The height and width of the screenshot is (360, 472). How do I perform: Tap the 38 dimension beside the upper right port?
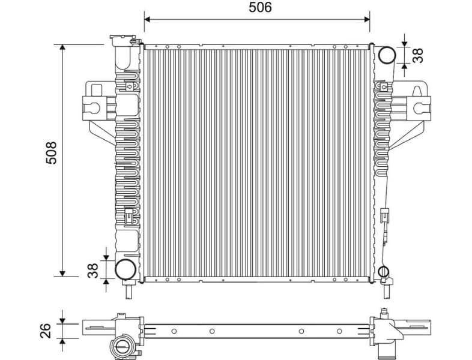(419, 55)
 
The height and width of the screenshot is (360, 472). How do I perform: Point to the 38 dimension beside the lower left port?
(92, 269)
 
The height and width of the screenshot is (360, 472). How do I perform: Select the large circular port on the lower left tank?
(125, 269)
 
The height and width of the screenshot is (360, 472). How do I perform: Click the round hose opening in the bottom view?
(123, 347)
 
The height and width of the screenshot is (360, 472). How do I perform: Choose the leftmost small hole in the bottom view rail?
(174, 331)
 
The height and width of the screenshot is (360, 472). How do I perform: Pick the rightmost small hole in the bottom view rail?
(339, 331)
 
